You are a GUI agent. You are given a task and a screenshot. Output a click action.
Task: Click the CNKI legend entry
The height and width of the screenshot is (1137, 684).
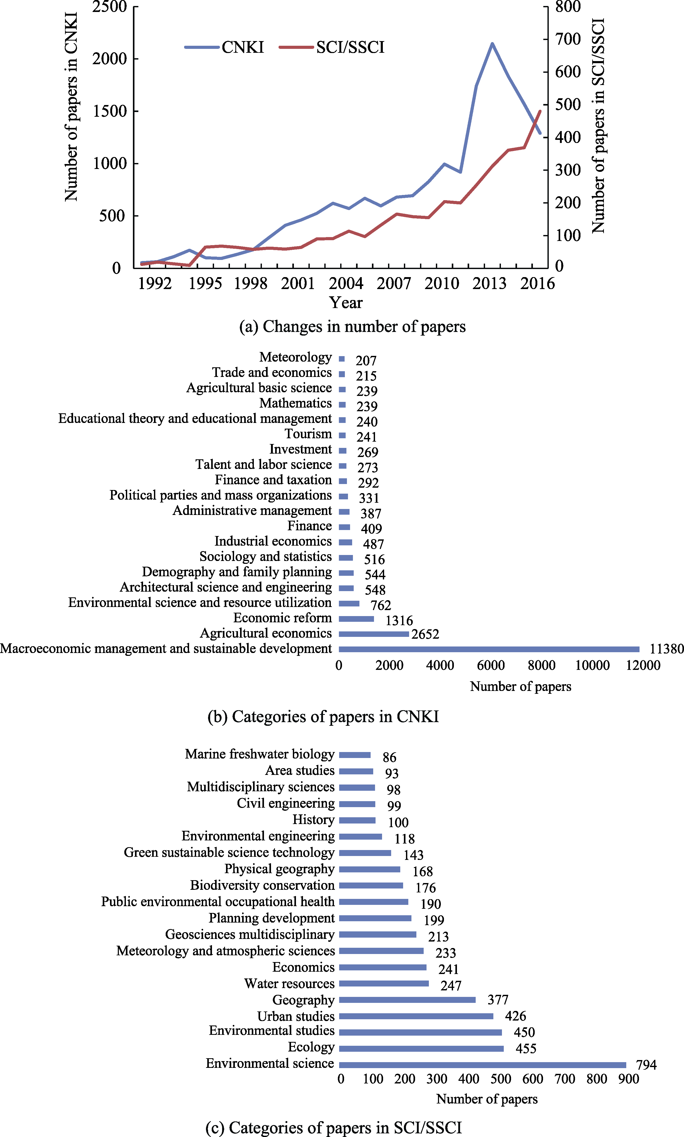tap(224, 47)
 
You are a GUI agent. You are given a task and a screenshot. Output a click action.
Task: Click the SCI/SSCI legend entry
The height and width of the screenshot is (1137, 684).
tap(332, 47)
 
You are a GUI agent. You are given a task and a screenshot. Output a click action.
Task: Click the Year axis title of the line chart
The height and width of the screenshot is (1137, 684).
tap(346, 303)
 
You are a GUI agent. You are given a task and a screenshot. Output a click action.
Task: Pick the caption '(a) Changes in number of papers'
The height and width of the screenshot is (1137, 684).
tap(352, 327)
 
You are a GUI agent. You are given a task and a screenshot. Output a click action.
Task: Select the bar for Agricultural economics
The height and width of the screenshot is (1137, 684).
tap(374, 634)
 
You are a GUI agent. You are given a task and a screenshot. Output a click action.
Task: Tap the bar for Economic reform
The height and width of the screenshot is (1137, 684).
tap(356, 619)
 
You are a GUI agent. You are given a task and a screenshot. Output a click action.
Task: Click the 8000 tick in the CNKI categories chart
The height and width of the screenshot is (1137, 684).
tap(541, 665)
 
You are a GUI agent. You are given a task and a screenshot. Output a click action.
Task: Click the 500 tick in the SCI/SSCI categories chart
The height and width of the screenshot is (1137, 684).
tap(501, 1079)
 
